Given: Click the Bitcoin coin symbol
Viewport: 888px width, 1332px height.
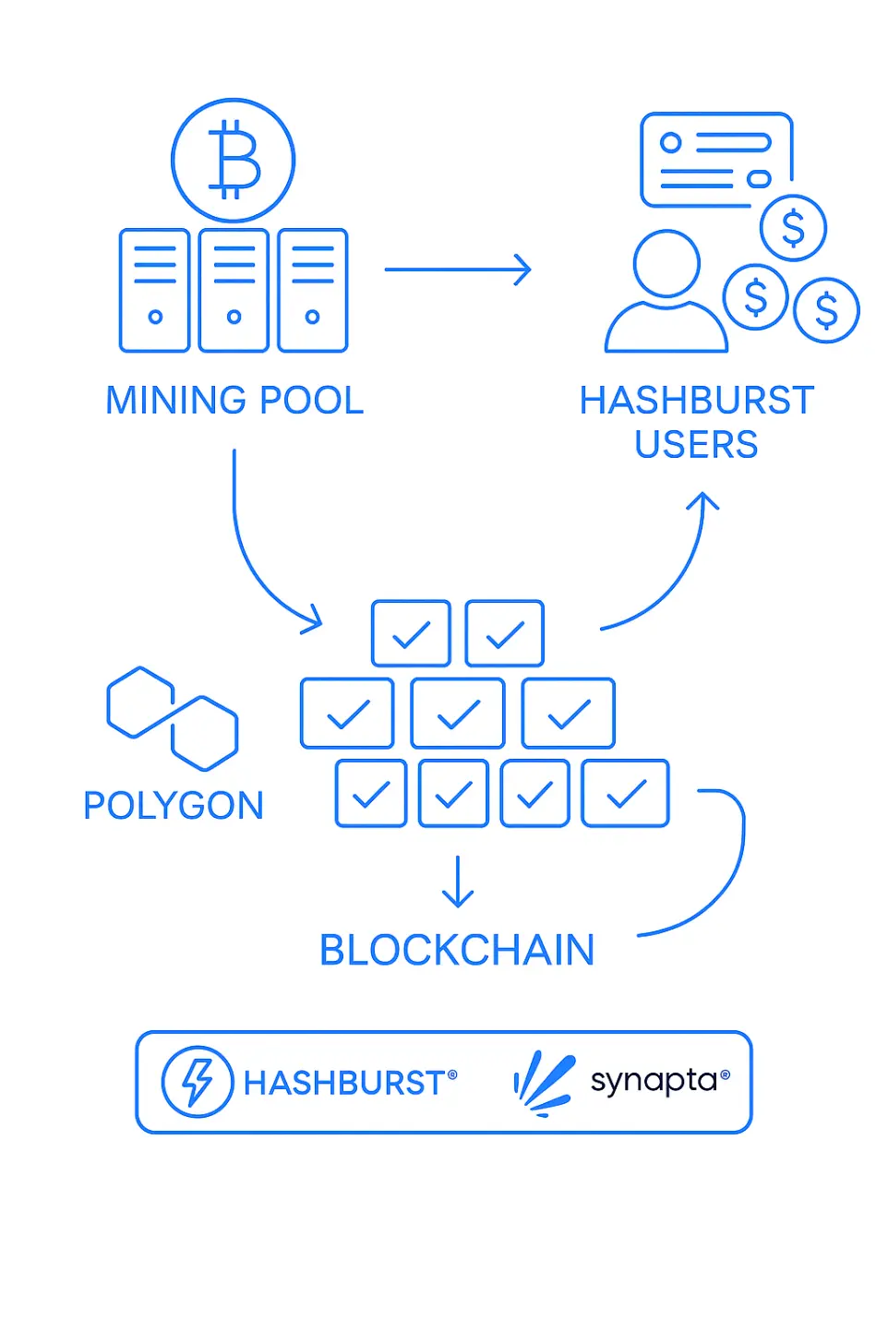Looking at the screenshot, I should click(233, 161).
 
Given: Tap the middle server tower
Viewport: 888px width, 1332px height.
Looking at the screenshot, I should click(234, 290).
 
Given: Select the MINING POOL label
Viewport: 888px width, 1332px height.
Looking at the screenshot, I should click(234, 401).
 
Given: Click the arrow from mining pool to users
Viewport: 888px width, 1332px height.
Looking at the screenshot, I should click(458, 270).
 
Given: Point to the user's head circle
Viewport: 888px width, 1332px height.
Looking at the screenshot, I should click(666, 264).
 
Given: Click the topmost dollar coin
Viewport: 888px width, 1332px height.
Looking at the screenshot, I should click(793, 227).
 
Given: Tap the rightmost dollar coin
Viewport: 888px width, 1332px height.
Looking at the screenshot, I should click(826, 310).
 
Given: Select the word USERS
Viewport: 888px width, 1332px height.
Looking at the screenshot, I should click(696, 445).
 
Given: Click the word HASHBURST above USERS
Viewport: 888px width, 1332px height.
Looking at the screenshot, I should click(696, 401).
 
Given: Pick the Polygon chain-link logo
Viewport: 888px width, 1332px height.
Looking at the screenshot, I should click(173, 718).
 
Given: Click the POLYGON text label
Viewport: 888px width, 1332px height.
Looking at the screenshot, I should click(174, 806).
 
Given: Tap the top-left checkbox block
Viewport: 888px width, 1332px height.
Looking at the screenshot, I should click(411, 633).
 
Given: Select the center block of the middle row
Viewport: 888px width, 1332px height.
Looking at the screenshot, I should click(458, 714).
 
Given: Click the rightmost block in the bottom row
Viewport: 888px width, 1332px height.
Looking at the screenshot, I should click(626, 793).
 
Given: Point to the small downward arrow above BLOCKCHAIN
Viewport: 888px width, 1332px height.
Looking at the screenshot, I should click(458, 882).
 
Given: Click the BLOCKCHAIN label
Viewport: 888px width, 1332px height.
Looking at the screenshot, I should click(457, 951).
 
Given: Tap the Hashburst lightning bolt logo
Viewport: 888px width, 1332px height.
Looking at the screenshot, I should click(197, 1082).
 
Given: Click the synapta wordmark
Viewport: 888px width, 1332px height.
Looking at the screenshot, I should click(654, 1081).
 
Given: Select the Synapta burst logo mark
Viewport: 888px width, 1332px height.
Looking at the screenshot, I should click(544, 1082).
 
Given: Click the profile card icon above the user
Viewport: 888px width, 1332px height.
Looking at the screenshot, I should click(716, 159).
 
